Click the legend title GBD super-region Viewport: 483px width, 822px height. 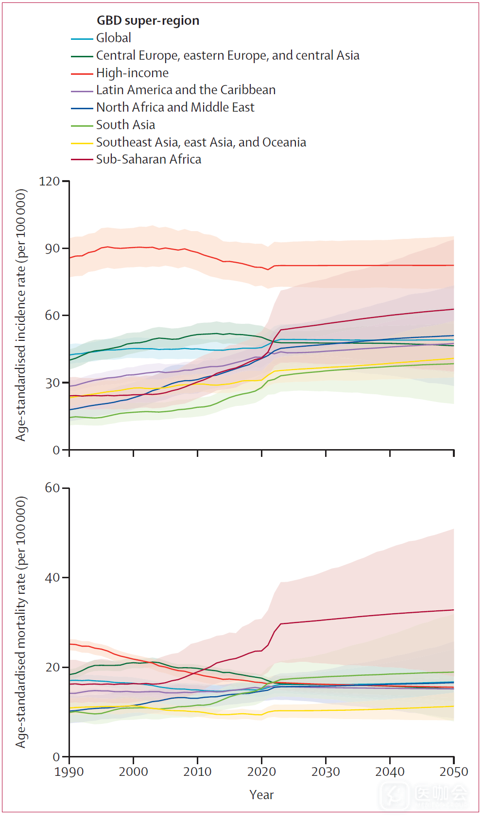click(x=148, y=21)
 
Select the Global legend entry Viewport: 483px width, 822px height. click(x=113, y=38)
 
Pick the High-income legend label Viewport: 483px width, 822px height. click(x=132, y=73)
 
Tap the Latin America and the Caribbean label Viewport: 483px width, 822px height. click(x=186, y=90)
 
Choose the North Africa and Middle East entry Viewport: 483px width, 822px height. click(x=175, y=107)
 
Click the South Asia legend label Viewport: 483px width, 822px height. click(x=125, y=125)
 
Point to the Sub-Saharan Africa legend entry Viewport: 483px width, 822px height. click(x=148, y=159)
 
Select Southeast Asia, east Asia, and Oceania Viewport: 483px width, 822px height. click(x=201, y=142)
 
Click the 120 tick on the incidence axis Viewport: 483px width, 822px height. click(x=49, y=182)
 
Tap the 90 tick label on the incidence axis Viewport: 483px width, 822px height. click(x=52, y=249)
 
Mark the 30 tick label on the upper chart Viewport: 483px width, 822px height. click(x=52, y=383)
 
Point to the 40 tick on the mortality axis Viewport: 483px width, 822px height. click(x=52, y=578)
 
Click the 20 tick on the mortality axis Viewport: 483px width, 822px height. click(x=52, y=668)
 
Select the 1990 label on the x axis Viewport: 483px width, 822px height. click(x=69, y=772)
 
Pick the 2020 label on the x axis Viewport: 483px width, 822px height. click(x=261, y=772)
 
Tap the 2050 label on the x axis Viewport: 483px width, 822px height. click(x=453, y=772)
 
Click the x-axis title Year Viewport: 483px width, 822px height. click(x=261, y=795)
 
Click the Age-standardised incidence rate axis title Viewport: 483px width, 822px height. click(x=21, y=315)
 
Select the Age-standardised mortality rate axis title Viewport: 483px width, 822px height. click(x=21, y=622)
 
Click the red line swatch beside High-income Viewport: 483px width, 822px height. click(x=82, y=74)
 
